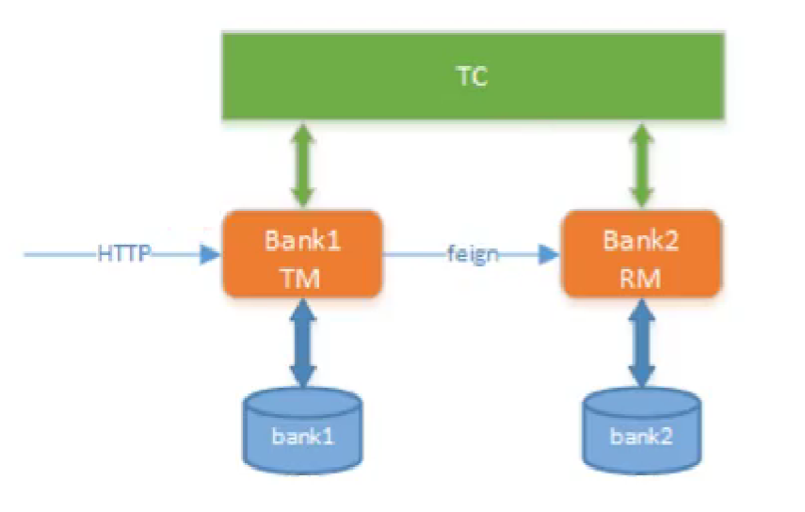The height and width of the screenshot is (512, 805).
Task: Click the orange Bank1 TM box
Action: pyautogui.click(x=302, y=254)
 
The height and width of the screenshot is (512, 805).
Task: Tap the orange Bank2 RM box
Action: pyautogui.click(x=641, y=254)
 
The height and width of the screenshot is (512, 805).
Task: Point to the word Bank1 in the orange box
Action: pyautogui.click(x=302, y=239)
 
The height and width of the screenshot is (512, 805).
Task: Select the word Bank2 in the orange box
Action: pyautogui.click(x=641, y=239)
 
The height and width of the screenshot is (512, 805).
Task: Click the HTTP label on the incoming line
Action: pyautogui.click(x=123, y=254)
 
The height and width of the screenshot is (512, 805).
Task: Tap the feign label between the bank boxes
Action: pyautogui.click(x=473, y=254)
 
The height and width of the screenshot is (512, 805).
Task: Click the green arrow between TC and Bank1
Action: pyautogui.click(x=302, y=166)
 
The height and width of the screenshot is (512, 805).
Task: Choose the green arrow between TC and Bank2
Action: pyautogui.click(x=641, y=166)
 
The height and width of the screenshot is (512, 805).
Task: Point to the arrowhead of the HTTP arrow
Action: pyautogui.click(x=211, y=254)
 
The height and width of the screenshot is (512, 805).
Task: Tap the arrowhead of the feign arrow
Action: pyautogui.click(x=550, y=254)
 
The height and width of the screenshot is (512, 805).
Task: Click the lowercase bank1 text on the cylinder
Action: pyautogui.click(x=302, y=438)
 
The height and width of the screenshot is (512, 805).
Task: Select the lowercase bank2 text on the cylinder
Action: pyautogui.click(x=641, y=438)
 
